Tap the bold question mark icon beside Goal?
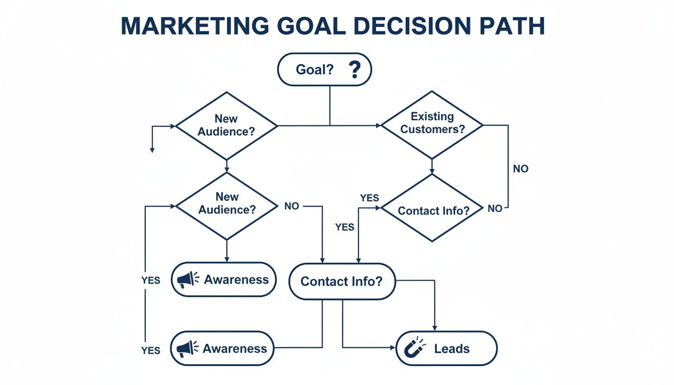355,70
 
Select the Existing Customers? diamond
432,124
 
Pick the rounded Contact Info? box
342,281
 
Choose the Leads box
446,348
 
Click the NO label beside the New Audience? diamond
291,206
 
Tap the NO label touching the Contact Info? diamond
494,209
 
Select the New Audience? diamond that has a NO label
226,206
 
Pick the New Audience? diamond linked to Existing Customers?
226,125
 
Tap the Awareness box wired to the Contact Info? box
222,348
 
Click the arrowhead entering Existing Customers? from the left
379,125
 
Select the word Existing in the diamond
432,117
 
